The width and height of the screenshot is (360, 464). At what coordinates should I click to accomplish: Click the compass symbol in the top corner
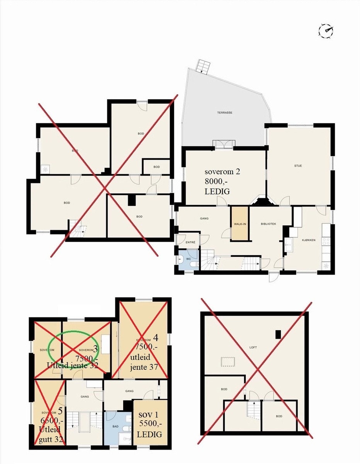coord(326,31)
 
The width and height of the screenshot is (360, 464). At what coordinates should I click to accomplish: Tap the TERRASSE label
coord(227,113)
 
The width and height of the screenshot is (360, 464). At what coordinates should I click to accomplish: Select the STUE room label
coord(298,166)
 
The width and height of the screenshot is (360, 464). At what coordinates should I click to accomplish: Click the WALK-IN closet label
coord(240,224)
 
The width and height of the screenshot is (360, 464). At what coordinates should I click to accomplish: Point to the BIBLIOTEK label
coord(268,224)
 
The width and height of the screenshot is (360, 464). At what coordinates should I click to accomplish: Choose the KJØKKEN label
coord(309,240)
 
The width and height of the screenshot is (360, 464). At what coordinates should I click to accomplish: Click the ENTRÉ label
coord(190,242)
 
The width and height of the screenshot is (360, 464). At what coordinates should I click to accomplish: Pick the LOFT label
coord(253,347)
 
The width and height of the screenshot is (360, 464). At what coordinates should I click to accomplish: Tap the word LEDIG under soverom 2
coord(219,191)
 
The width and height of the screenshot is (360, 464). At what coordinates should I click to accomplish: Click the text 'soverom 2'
coord(222,171)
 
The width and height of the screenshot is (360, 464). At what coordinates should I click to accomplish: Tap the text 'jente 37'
coord(144,367)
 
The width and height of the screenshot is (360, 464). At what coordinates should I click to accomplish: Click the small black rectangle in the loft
coord(277,334)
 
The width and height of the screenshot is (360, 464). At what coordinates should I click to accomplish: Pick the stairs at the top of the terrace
coord(202,66)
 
